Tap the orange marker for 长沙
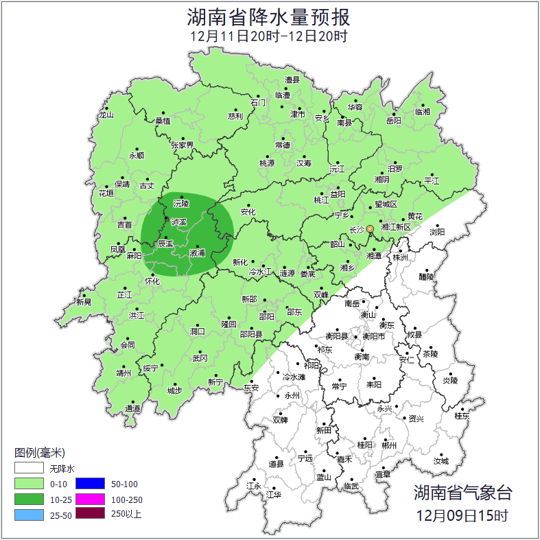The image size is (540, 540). pos(370,228)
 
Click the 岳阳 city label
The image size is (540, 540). pos(393,120)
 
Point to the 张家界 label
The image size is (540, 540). pos(183,145)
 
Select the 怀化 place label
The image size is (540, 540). pos(152,281)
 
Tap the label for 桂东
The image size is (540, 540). pos(462,416)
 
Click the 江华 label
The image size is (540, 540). pos(274,494)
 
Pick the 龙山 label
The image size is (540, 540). pos(106,115)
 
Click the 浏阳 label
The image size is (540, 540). pos(437,232)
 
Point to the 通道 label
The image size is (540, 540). pos(132,409)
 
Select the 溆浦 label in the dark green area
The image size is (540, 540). pos(198,253)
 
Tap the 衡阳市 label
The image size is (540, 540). pos(373,336)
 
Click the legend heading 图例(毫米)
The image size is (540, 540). pos(39,453)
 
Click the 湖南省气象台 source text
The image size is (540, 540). pos(462,492)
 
